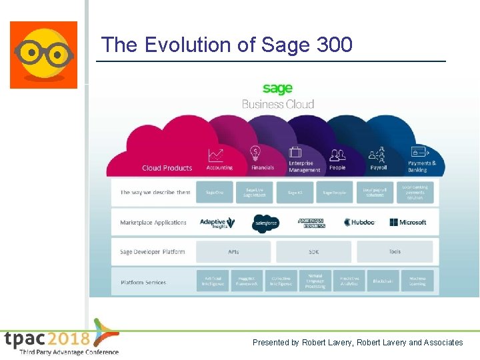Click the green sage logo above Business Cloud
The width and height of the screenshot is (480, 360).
pyautogui.click(x=277, y=89)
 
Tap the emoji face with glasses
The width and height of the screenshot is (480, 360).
pyautogui.click(x=43, y=55)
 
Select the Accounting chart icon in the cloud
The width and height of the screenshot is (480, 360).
pyautogui.click(x=215, y=155)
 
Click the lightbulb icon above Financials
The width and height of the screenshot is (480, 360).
pyautogui.click(x=255, y=153)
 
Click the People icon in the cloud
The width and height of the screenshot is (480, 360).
pyautogui.click(x=337, y=155)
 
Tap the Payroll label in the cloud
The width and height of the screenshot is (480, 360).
pyautogui.click(x=378, y=168)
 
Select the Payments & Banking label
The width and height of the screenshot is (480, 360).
pyautogui.click(x=421, y=166)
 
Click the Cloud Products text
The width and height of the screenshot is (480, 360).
pyautogui.click(x=167, y=168)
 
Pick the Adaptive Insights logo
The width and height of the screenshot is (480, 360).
pyautogui.click(x=217, y=223)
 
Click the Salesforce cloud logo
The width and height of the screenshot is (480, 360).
pyautogui.click(x=265, y=223)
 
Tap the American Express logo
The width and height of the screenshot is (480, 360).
pyautogui.click(x=311, y=223)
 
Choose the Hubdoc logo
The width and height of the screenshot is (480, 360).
pyautogui.click(x=361, y=223)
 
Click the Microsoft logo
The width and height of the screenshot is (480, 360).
pyautogui.click(x=408, y=223)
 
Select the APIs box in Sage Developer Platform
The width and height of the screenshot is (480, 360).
pyautogui.click(x=233, y=252)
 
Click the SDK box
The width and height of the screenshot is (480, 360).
pyautogui.click(x=313, y=252)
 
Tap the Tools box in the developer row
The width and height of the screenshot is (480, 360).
pyautogui.click(x=395, y=252)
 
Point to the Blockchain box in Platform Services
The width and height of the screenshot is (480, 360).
pyautogui.click(x=383, y=281)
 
